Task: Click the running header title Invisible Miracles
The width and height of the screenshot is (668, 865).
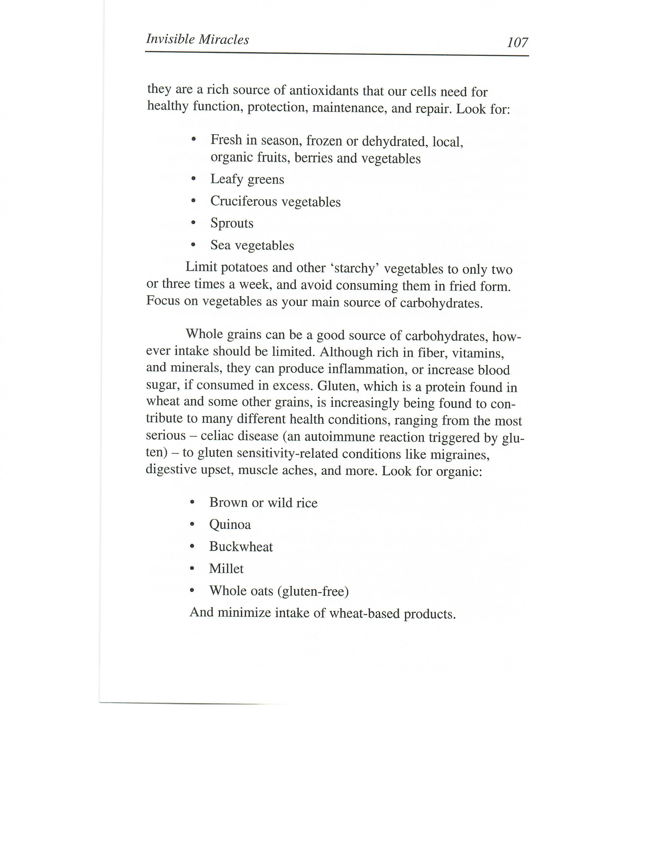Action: [x=198, y=39]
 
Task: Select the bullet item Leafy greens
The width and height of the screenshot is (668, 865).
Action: [x=247, y=179]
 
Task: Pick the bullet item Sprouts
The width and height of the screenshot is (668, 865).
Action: [x=232, y=223]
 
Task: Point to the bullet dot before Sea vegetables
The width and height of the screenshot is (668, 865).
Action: [x=193, y=245]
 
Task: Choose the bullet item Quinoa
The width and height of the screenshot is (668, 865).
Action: [x=230, y=525]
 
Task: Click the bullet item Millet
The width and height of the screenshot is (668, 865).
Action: [x=226, y=569]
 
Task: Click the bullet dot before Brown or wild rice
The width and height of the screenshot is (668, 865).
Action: [x=192, y=502]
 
